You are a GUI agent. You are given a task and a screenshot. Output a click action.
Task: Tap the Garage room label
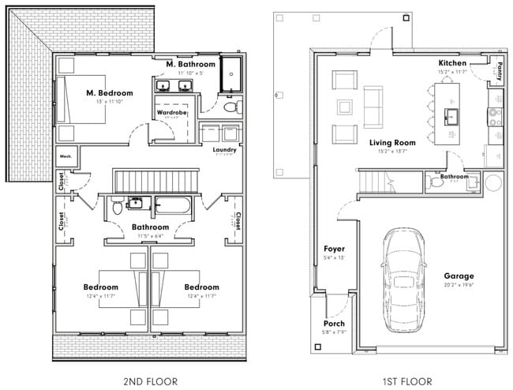point(459,276)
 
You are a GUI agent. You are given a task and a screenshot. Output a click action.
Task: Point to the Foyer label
point(335,249)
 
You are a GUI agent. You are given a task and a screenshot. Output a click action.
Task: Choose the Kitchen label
point(452,63)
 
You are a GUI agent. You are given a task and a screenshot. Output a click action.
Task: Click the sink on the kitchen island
point(453,118)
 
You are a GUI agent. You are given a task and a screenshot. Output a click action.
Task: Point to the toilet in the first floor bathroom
point(436,182)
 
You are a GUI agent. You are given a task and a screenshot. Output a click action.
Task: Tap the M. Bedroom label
point(109,93)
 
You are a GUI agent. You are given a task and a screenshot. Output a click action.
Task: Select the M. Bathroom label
point(189,63)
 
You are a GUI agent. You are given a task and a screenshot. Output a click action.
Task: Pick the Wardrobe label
point(171,113)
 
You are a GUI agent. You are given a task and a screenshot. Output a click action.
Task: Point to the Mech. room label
point(66,156)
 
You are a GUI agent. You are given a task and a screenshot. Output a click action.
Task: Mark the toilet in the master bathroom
point(230,106)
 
